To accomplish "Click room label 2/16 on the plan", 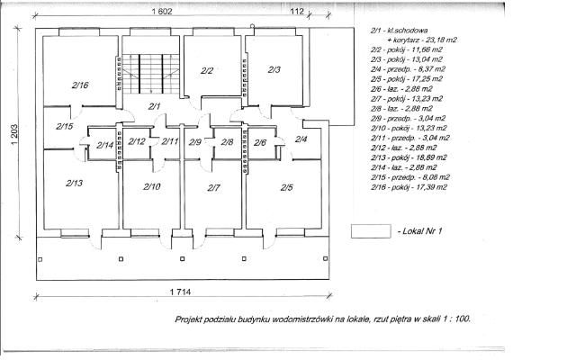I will point(79,85).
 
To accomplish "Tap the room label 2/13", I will point(74,183).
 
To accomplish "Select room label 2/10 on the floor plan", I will point(151,187).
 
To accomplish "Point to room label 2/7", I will point(213,187).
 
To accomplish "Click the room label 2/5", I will point(286,187).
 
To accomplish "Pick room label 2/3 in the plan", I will point(274,69).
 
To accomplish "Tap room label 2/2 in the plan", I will point(206,69).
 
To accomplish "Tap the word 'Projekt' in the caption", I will point(192,319).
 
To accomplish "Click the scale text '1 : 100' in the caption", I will point(454,319).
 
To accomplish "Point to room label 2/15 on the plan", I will point(64,127).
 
